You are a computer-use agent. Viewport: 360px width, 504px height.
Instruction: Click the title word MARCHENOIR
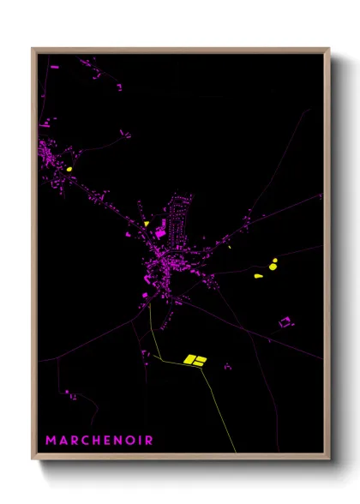(99, 441)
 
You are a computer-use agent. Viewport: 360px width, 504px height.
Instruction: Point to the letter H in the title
(95, 441)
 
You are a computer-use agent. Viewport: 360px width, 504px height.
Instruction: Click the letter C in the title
(83, 441)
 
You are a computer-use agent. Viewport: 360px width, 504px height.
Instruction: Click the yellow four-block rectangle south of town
(195, 360)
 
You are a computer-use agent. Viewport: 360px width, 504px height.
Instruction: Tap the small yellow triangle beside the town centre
(147, 224)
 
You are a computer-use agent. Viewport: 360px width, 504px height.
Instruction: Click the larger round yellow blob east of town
(273, 266)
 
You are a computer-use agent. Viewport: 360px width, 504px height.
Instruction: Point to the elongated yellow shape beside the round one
(259, 276)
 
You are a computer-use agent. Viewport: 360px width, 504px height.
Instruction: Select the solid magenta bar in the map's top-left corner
(56, 65)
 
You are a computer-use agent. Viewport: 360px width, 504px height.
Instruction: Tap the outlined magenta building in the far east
(285, 322)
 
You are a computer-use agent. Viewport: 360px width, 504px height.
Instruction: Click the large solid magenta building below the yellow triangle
(159, 233)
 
